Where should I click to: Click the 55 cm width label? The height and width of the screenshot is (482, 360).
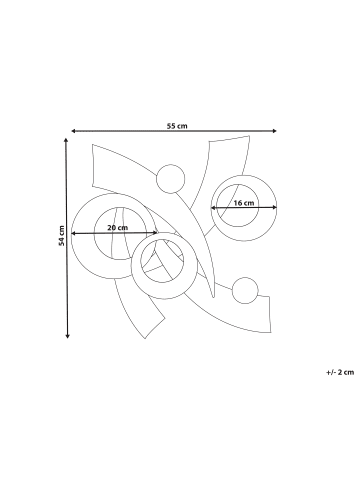(177, 126)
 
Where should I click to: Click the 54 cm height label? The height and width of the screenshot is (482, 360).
(61, 236)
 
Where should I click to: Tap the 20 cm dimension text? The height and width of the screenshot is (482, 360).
(118, 228)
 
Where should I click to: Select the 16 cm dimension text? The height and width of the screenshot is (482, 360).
(244, 203)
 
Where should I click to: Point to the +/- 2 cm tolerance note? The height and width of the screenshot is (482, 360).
(340, 372)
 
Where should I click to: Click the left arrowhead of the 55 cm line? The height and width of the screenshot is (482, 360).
(74, 131)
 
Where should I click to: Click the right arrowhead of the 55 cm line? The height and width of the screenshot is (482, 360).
(274, 131)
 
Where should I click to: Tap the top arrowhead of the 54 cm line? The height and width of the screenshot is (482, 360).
(66, 140)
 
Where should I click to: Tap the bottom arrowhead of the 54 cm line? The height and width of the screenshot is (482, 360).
(67, 336)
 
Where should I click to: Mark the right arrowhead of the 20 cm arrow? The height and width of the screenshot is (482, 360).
(155, 233)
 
